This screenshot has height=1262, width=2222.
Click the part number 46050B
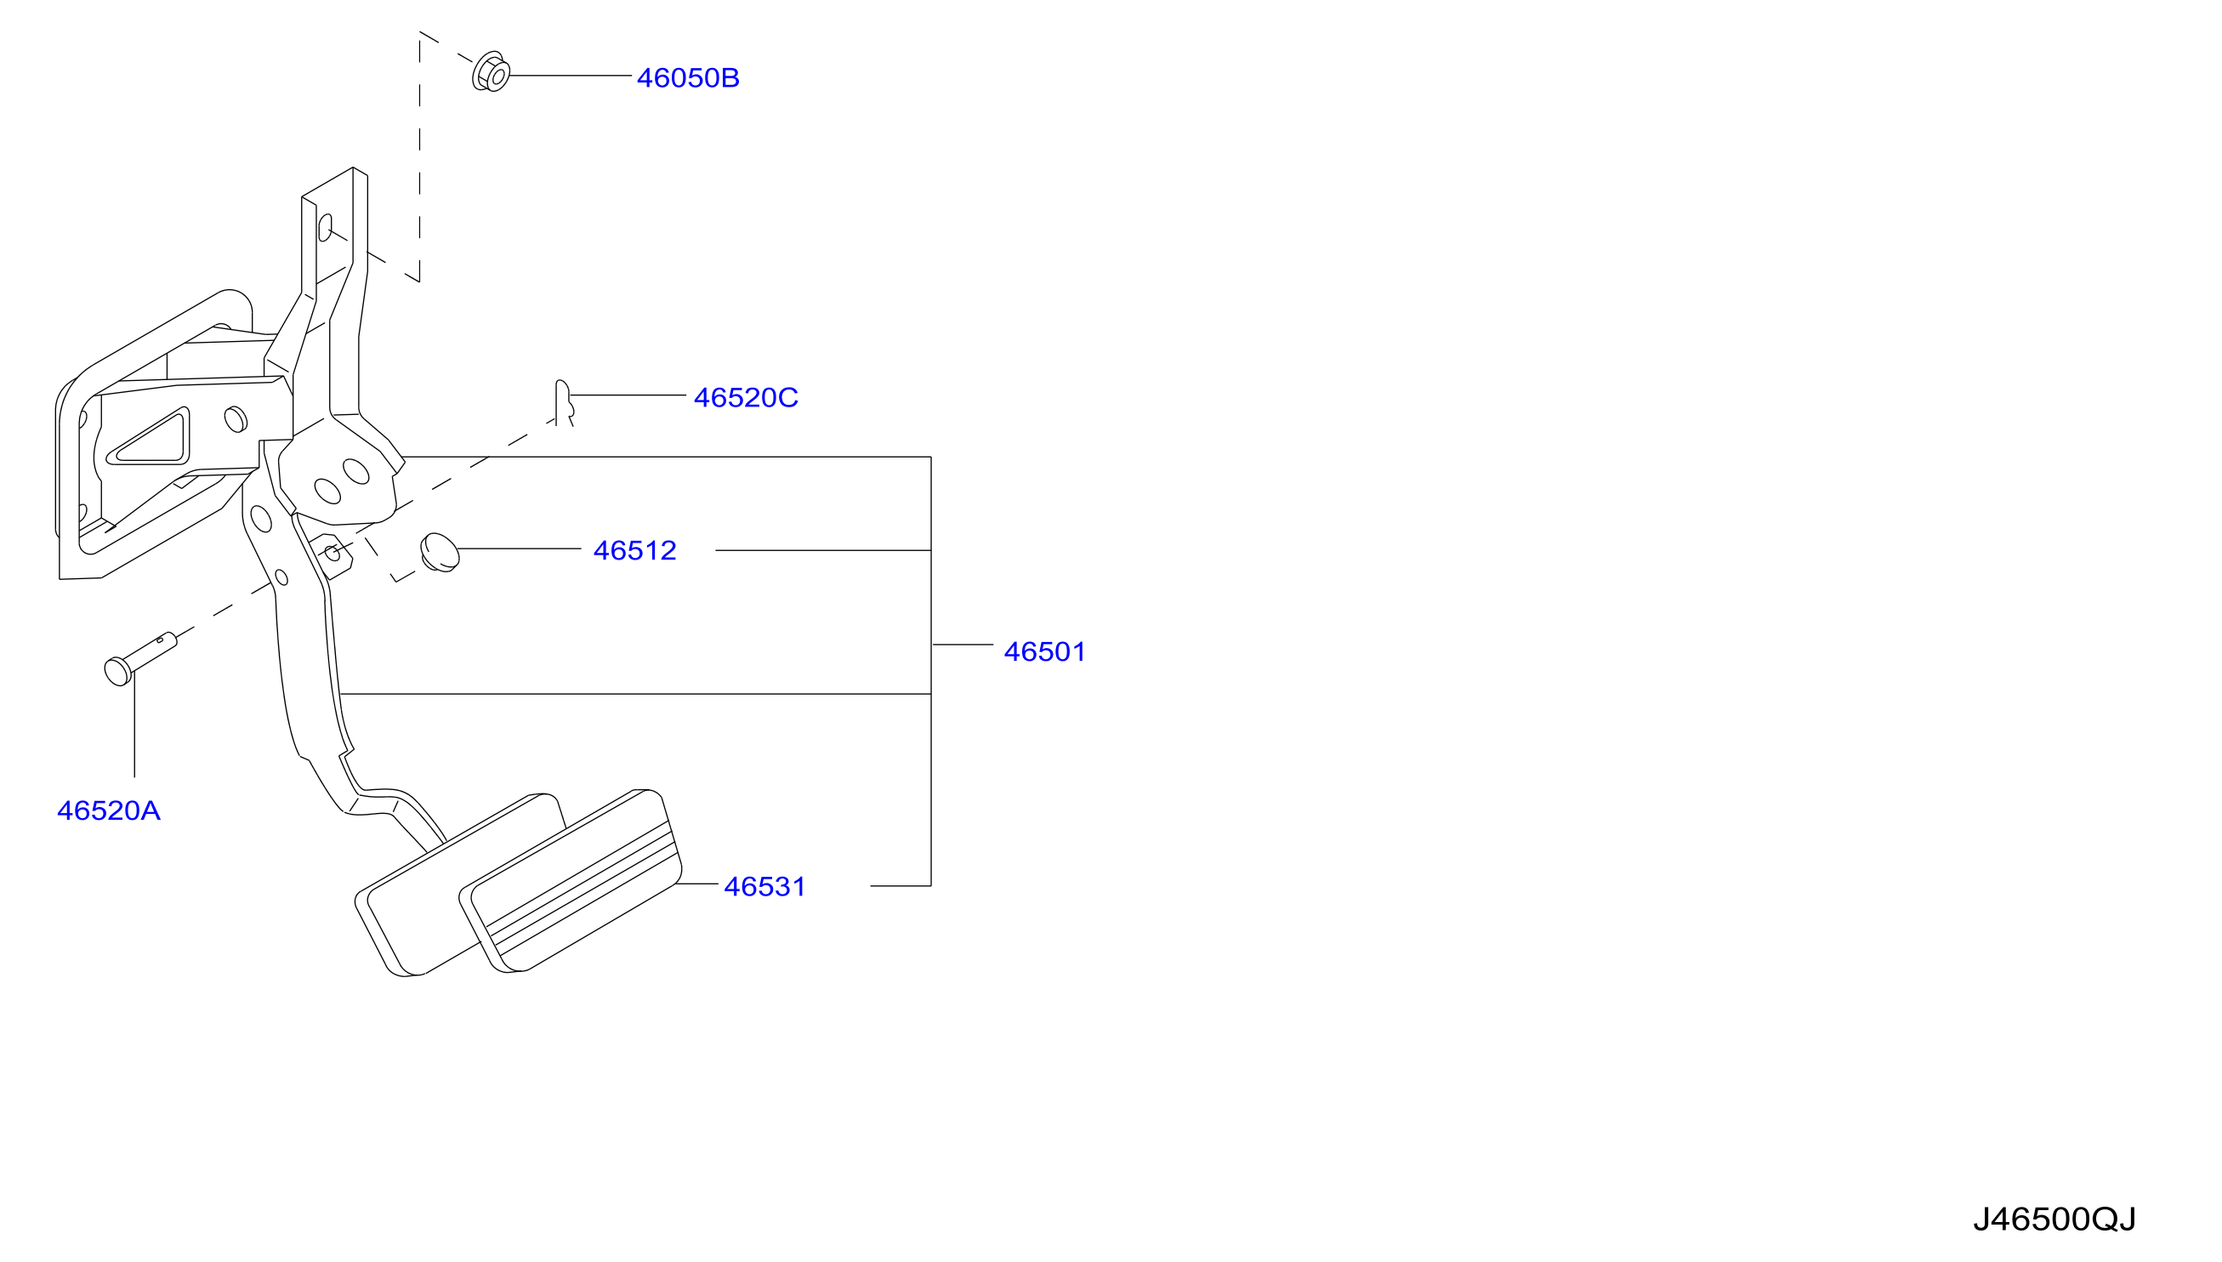[x=688, y=78]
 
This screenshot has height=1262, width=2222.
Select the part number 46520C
[x=746, y=397]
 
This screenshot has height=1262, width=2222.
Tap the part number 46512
[x=634, y=550]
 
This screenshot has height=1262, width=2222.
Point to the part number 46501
[x=1044, y=651]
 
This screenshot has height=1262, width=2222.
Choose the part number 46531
[x=765, y=887]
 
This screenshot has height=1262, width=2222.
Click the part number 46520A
[x=108, y=810]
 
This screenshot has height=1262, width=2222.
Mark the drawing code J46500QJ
[x=2054, y=1219]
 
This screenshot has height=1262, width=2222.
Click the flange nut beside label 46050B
[x=491, y=72]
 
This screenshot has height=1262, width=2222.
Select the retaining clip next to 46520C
[x=563, y=402]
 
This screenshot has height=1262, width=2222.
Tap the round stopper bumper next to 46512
[x=440, y=552]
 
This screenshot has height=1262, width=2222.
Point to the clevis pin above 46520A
[x=139, y=659]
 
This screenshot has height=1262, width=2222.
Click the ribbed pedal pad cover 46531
[x=571, y=881]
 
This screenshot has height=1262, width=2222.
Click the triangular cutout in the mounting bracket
[x=149, y=439]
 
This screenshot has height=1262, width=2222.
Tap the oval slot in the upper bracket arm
[x=325, y=228]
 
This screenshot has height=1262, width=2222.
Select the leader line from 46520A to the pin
[x=134, y=725]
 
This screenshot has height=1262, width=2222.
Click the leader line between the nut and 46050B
[x=571, y=76]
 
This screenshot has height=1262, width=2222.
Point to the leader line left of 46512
[x=519, y=549]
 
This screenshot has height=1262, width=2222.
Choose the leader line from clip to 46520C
[x=628, y=395]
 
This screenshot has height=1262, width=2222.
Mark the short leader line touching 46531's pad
[x=696, y=884]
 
